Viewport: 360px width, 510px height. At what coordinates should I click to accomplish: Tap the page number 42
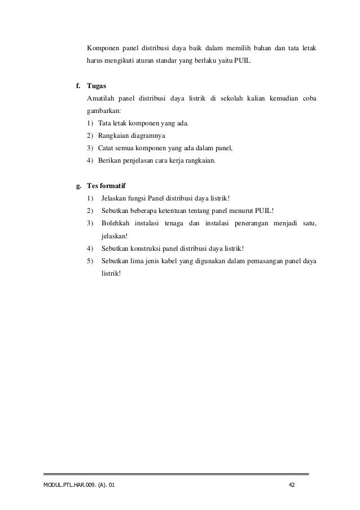pyautogui.click(x=292, y=486)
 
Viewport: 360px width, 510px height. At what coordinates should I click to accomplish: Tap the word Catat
pyautogui.click(x=107, y=148)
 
